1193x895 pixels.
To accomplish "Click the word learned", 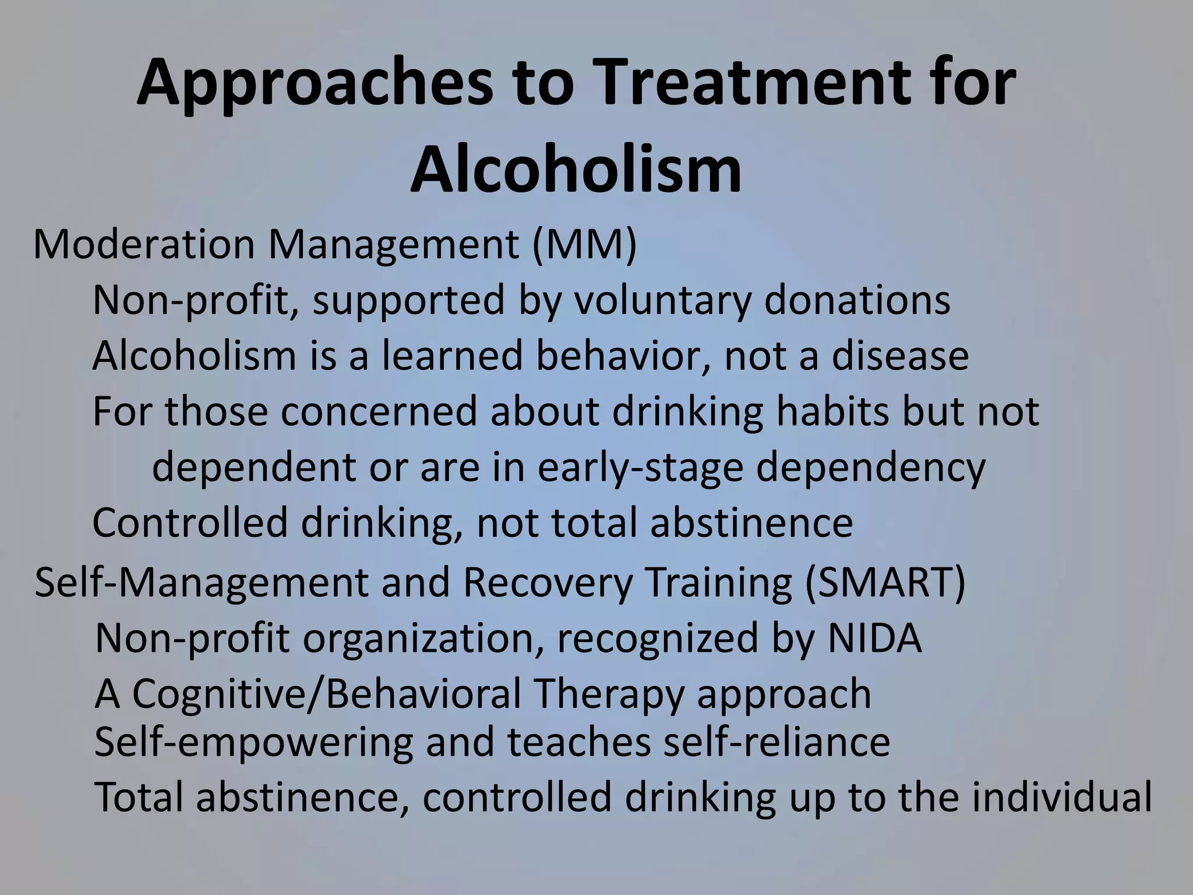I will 452,355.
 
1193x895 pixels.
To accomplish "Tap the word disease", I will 900,355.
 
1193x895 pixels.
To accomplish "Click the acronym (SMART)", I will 885,583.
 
